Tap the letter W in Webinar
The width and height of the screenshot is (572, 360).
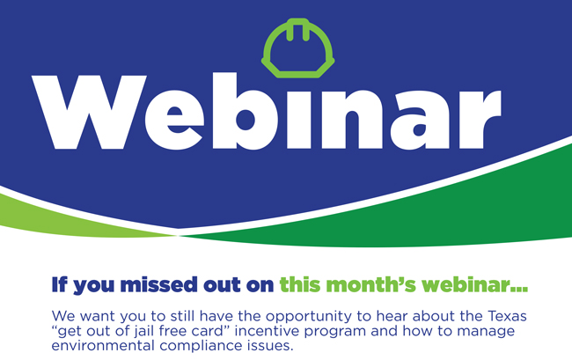coord(90,112)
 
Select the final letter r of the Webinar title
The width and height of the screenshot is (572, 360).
coord(480,120)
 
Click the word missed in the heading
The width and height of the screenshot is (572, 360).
coord(158,285)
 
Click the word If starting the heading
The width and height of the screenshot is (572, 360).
coord(60,285)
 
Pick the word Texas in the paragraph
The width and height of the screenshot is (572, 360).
coord(508,316)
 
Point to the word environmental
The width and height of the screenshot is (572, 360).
coord(103,345)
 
